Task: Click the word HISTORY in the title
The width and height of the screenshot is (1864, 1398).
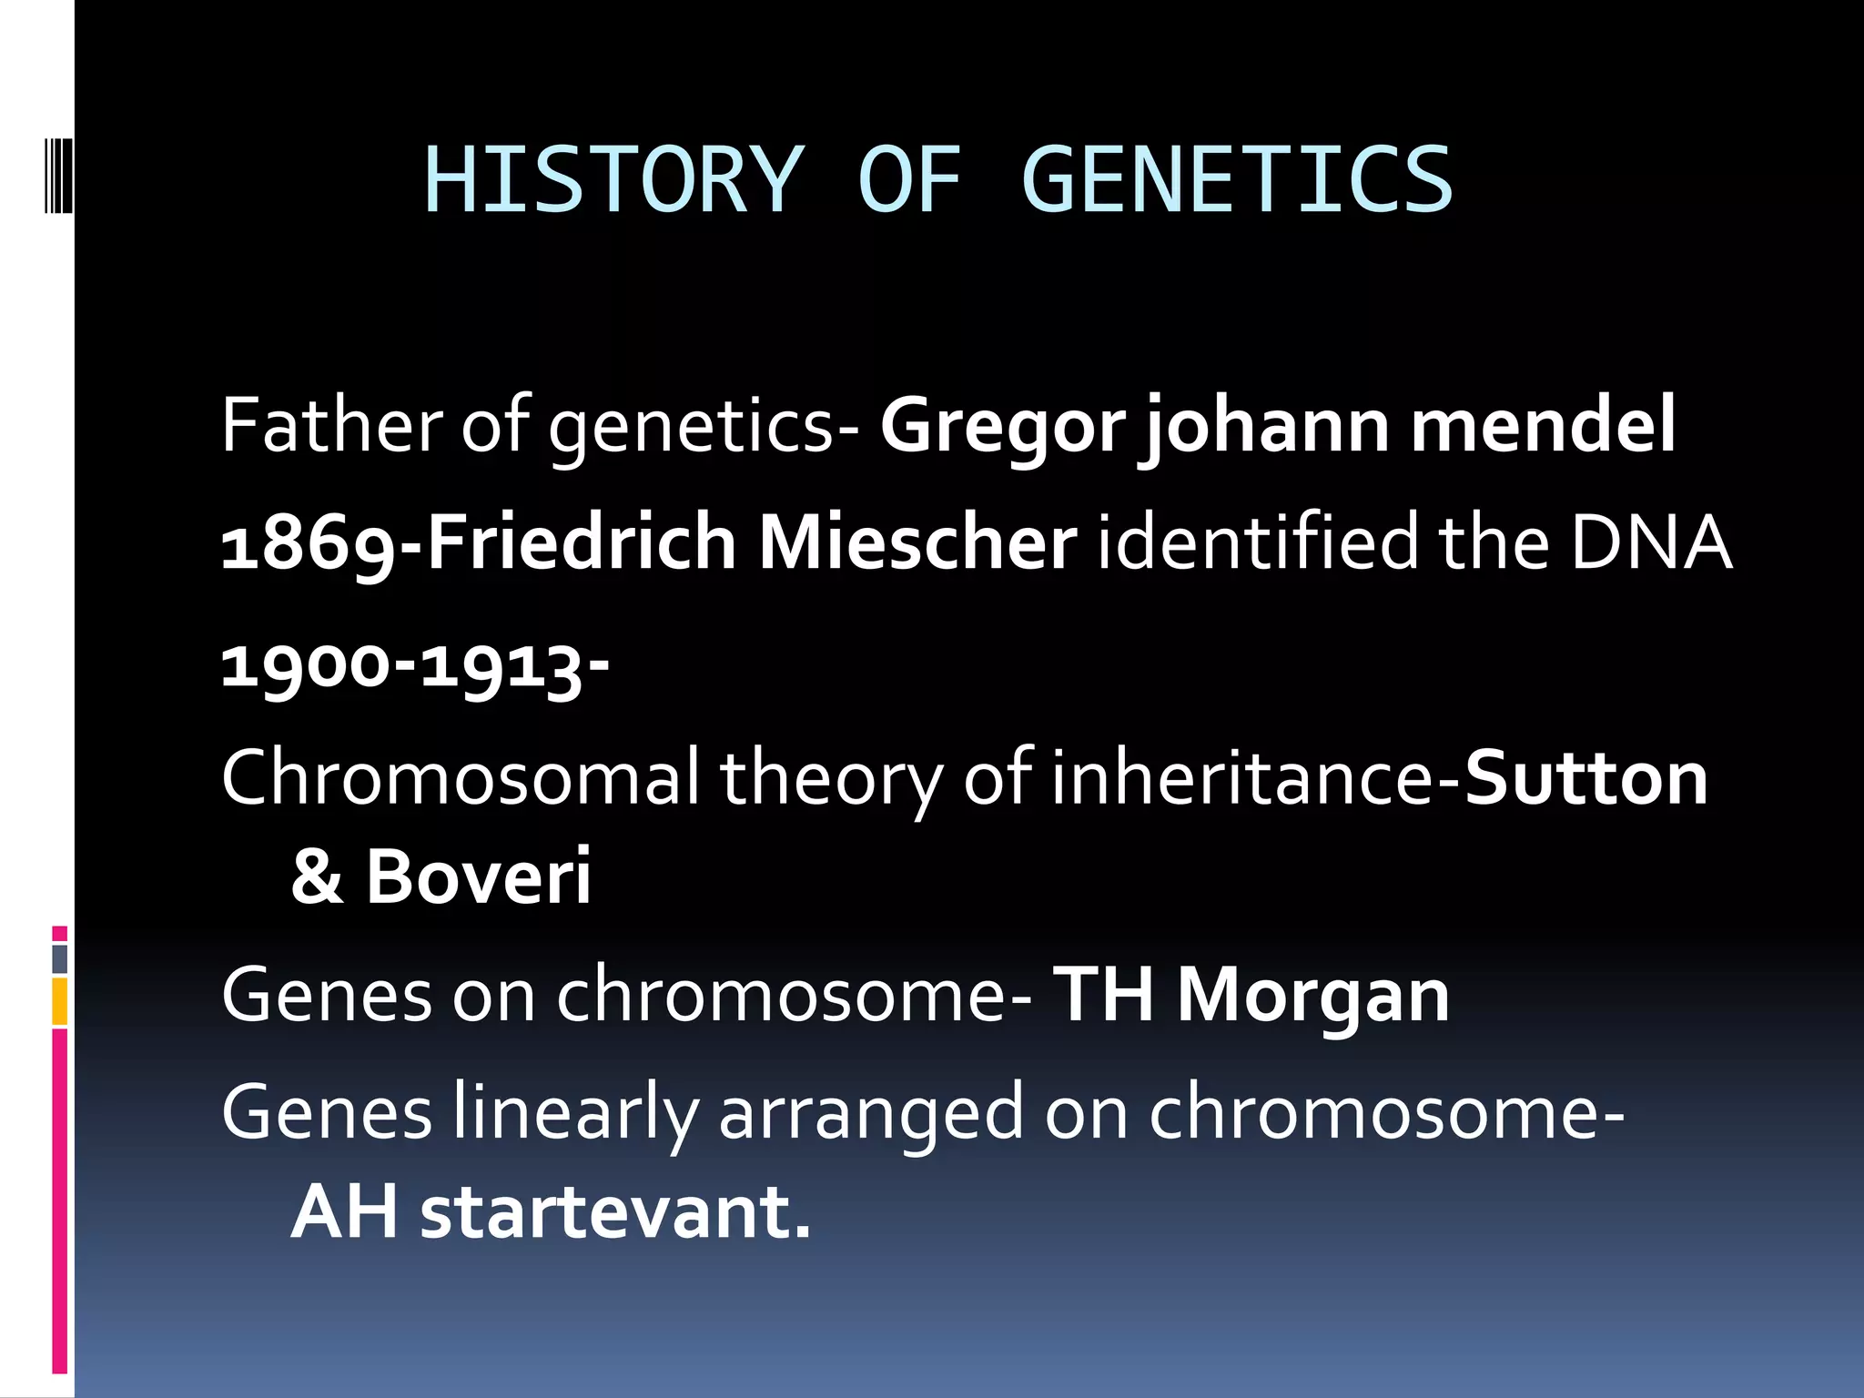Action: (x=613, y=180)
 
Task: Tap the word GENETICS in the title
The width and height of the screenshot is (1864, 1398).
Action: (x=1236, y=180)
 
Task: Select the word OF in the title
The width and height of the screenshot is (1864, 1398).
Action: (x=908, y=180)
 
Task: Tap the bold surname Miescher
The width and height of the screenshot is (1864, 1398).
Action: (x=917, y=542)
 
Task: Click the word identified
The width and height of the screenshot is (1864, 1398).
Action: (x=1257, y=542)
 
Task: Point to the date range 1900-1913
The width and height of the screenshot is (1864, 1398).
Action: (x=414, y=665)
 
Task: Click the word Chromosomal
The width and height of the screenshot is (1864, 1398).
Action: (x=461, y=779)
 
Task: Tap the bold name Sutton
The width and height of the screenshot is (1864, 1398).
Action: (x=1585, y=779)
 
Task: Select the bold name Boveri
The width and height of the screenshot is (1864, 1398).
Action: (x=478, y=876)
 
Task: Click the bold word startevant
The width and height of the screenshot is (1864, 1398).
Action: (x=614, y=1212)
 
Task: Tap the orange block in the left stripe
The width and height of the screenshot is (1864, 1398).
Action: (x=60, y=1001)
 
